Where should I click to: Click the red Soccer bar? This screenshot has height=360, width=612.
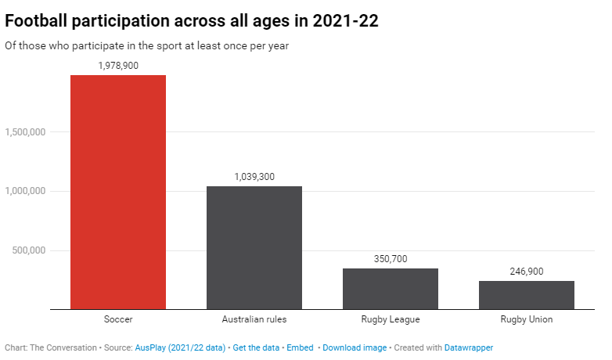click(118, 192)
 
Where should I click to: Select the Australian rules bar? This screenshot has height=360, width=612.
click(254, 247)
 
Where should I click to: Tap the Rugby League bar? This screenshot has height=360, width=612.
click(391, 289)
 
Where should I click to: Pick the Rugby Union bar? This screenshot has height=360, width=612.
click(527, 295)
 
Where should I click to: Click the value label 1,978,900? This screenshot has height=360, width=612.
click(118, 66)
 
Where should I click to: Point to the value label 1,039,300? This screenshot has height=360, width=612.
click(254, 177)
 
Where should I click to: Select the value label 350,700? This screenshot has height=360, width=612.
click(391, 259)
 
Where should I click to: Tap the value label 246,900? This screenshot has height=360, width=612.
click(527, 272)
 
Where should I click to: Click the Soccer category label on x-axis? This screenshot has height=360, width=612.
click(118, 320)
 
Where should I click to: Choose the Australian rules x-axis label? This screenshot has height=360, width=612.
click(254, 320)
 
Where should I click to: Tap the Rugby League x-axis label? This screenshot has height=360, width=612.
click(391, 320)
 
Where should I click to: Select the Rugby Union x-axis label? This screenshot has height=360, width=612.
click(527, 320)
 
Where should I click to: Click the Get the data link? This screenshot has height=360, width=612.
click(256, 347)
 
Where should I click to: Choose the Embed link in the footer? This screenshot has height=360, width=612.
click(300, 347)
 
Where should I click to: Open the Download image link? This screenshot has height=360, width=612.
click(355, 347)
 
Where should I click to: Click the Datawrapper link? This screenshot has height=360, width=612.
click(469, 347)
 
